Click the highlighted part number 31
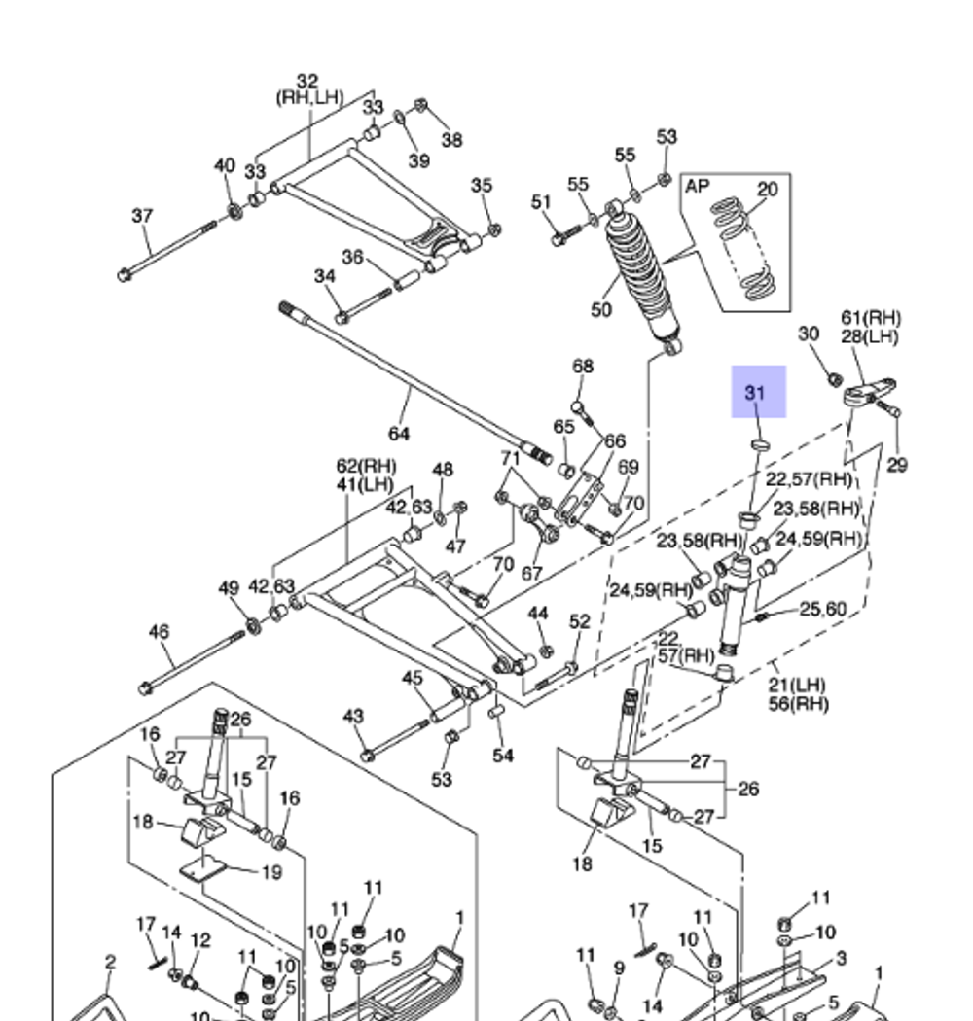tap(757, 393)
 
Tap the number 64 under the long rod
tap(399, 433)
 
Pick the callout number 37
tap(142, 215)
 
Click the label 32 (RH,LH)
tap(307, 89)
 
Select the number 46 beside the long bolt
tap(159, 632)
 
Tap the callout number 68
tap(582, 367)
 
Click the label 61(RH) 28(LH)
tap(871, 327)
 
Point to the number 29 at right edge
tap(897, 465)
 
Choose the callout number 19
tap(272, 872)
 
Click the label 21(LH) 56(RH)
tap(796, 694)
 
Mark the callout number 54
tap(502, 756)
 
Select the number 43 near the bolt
tap(353, 717)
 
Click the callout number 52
tap(580, 621)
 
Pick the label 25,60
tap(823, 610)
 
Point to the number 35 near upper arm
tap(482, 185)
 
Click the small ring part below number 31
tap(758, 446)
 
